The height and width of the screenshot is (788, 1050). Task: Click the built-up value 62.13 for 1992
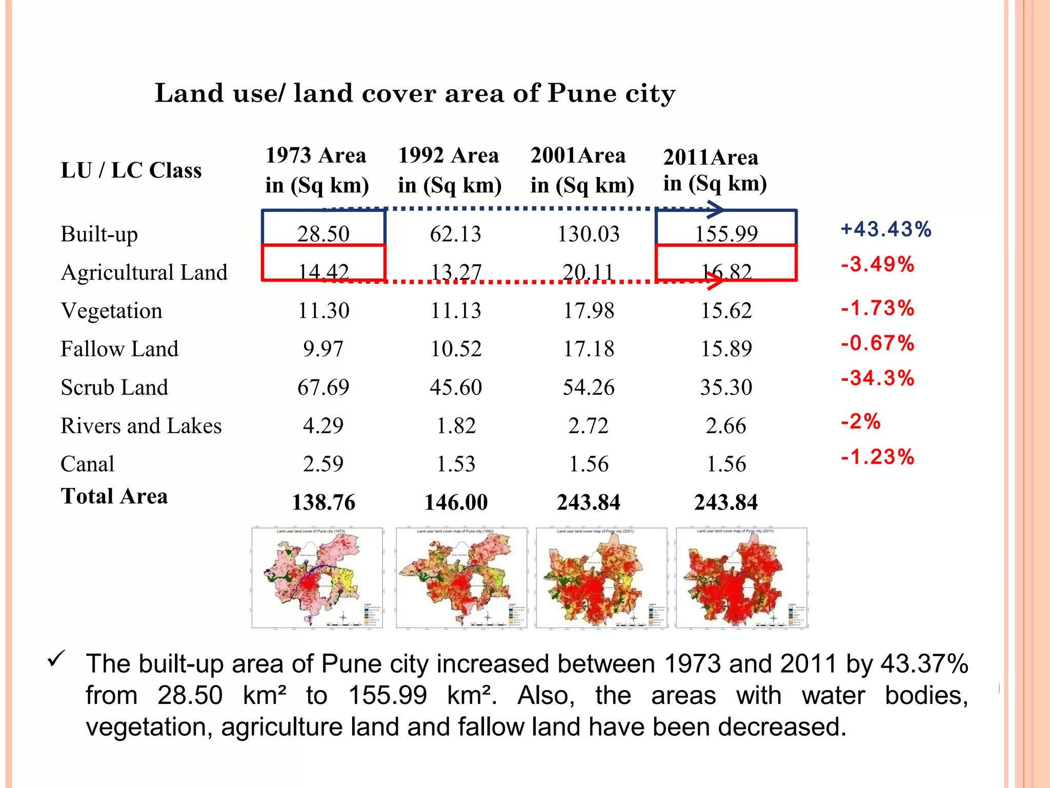455,234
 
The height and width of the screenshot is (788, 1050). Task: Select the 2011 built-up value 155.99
726,234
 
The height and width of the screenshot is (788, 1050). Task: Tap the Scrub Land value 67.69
323,387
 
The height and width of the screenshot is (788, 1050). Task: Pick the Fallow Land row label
119,349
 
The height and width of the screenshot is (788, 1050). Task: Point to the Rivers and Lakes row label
141,426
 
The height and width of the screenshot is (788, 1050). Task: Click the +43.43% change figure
886,229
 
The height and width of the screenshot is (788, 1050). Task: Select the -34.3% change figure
877,378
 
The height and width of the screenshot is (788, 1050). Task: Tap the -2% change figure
860,422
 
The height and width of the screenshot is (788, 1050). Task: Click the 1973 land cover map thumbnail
317,578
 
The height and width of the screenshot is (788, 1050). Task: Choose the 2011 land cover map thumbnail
741,578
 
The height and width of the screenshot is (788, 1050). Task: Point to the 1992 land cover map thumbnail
461,578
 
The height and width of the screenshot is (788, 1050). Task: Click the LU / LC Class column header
131,170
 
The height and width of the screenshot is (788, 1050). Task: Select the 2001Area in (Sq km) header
582,170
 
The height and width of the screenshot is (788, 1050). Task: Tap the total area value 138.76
323,502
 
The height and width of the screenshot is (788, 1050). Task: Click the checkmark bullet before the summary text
56,659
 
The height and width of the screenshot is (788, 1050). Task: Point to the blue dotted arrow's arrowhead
716,209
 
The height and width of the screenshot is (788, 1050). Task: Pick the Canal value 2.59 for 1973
323,464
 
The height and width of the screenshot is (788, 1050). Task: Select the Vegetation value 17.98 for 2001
589,310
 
